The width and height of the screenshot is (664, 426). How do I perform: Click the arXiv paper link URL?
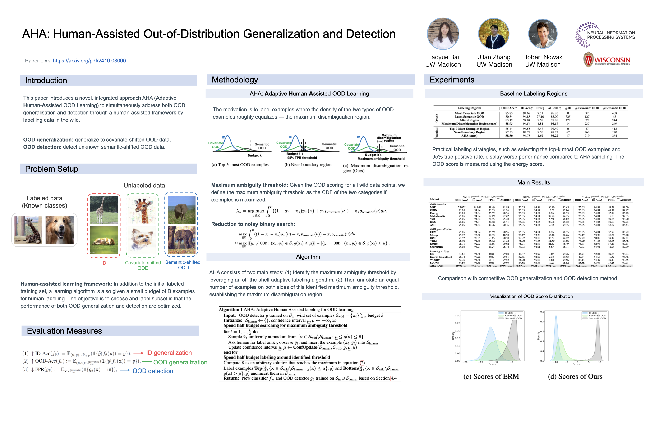point(89,61)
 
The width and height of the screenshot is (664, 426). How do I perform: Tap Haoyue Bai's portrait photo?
point(443,34)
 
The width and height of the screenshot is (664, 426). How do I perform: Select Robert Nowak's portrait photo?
point(543,34)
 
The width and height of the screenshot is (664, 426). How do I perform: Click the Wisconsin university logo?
point(607,60)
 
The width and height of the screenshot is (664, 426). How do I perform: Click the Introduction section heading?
point(46,80)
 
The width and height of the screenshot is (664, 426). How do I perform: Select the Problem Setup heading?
point(51,169)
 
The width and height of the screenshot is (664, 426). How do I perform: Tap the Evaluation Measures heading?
point(64,331)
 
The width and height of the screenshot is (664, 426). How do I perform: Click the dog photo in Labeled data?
point(59,230)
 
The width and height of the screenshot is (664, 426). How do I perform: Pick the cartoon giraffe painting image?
point(143,210)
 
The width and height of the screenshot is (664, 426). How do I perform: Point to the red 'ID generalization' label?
point(169,353)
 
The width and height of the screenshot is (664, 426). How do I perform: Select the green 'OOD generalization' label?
point(180,362)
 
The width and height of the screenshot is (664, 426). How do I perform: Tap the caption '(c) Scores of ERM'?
point(491,377)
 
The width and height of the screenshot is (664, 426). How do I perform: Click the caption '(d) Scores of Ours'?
point(575,377)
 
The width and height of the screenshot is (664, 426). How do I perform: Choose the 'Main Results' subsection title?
point(534,182)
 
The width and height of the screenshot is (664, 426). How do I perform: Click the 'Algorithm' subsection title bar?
point(308,257)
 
